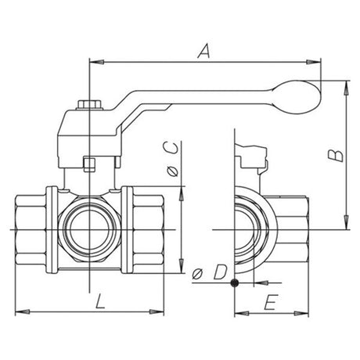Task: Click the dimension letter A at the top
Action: tap(205, 51)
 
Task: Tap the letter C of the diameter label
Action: tap(172, 149)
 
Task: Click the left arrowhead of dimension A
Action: tap(95, 60)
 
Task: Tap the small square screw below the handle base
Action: tap(88, 164)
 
